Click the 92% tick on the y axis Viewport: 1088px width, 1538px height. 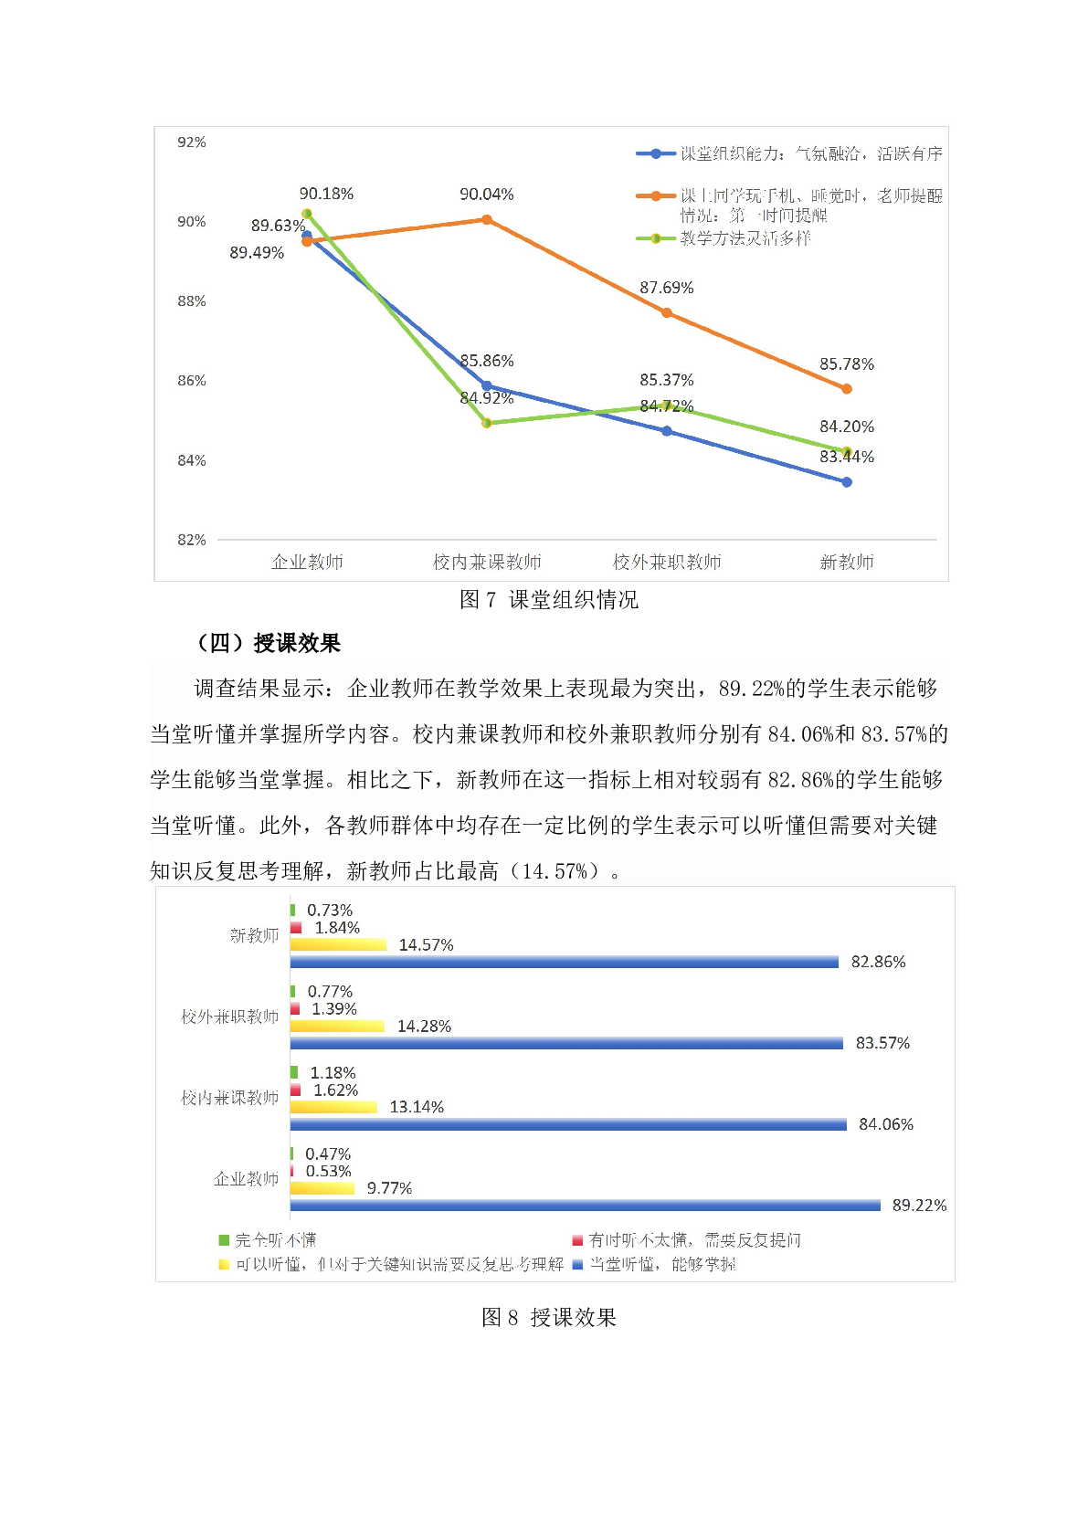click(192, 142)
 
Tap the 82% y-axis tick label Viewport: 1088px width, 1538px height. click(192, 540)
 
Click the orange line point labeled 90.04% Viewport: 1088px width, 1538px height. click(487, 219)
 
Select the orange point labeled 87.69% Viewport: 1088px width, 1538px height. click(667, 312)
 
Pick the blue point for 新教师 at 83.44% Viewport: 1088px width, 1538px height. click(847, 482)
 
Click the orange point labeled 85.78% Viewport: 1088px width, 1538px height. click(847, 389)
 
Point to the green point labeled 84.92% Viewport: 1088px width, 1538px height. click(487, 423)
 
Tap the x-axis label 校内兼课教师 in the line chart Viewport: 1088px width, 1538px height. click(487, 562)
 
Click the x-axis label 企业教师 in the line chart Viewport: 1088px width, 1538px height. click(307, 562)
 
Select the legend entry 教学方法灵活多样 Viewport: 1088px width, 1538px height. click(745, 238)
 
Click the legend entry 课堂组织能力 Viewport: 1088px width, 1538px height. click(810, 153)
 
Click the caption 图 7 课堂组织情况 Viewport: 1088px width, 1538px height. click(548, 599)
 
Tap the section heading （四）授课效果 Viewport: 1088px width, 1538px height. click(269, 643)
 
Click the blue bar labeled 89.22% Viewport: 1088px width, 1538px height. click(585, 1206)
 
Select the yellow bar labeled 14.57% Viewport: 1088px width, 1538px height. click(338, 944)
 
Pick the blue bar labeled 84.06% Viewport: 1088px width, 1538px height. click(568, 1124)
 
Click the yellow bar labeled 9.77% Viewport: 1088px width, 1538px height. click(322, 1188)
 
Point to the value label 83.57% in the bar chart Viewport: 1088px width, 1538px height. click(882, 1043)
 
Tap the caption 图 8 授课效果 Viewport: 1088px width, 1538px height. click(548, 1317)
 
